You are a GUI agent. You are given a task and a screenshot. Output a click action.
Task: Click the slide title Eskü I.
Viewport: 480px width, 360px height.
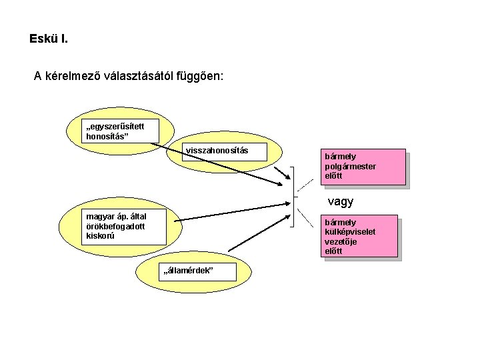pyautogui.click(x=48, y=39)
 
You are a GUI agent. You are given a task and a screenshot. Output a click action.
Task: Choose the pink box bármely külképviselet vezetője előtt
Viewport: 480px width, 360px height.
pyautogui.click(x=361, y=236)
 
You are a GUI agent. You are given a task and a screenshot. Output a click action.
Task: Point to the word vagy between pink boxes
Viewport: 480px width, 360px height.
pyautogui.click(x=340, y=201)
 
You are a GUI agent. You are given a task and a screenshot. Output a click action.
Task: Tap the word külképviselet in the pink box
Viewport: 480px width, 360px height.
pyautogui.click(x=347, y=231)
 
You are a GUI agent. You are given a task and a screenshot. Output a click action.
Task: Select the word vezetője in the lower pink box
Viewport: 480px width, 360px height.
pyautogui.click(x=341, y=241)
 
